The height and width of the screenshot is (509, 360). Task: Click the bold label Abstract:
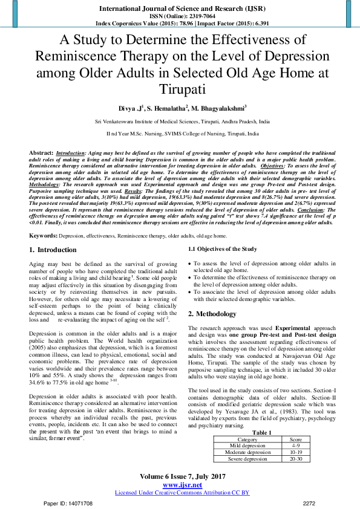click(41, 154)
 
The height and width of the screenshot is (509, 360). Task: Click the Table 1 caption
click(261, 415)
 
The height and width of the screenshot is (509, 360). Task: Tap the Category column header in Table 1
click(247, 423)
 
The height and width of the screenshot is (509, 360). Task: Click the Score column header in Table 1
click(296, 423)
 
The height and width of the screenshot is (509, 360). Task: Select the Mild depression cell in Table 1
click(247, 429)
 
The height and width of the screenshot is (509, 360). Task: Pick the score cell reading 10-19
click(296, 435)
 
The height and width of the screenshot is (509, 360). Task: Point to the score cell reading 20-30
click(296, 442)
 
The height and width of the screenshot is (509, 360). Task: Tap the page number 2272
click(309, 503)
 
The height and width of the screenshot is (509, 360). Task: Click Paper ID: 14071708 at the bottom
click(68, 503)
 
